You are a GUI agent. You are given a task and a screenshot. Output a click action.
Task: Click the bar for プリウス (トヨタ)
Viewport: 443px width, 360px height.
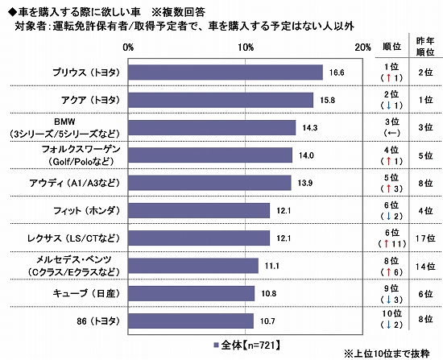[226, 72]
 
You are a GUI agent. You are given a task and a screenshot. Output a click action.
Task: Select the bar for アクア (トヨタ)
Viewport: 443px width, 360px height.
[221, 100]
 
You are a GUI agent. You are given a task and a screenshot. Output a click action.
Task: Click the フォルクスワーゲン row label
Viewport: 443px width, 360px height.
[80, 155]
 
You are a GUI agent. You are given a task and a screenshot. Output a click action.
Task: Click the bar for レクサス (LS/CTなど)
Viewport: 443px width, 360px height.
[199, 238]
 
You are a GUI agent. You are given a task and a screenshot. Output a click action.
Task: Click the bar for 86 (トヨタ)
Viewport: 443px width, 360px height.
[191, 321]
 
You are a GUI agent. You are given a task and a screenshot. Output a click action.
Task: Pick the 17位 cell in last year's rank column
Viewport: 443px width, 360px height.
[424, 238]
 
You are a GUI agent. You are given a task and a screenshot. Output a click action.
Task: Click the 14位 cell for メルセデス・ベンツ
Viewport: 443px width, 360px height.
[424, 266]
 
